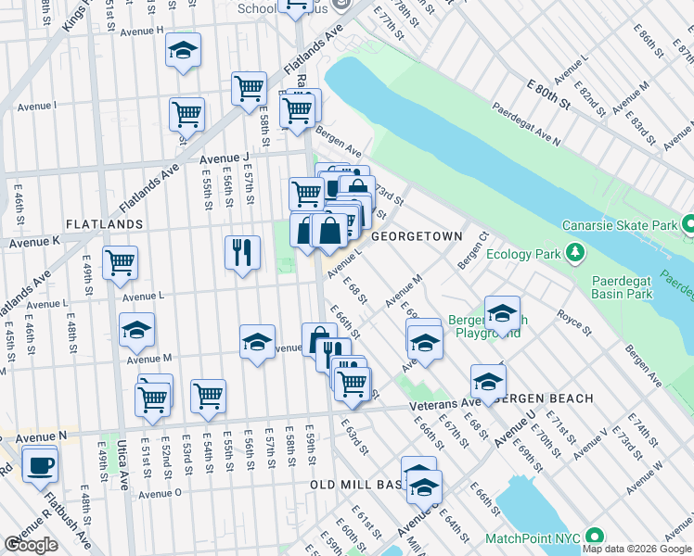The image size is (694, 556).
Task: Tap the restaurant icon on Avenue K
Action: [x=242, y=251]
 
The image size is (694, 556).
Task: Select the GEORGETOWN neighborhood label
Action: [x=417, y=236]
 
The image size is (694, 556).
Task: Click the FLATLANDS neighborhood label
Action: [x=104, y=224]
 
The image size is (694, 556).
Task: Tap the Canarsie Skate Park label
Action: [x=619, y=226]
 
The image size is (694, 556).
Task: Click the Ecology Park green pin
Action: [x=575, y=253]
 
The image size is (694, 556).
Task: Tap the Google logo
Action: [x=31, y=545]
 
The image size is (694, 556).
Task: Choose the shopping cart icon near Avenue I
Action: [x=186, y=115]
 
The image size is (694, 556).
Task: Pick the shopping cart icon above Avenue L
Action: [x=121, y=262]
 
